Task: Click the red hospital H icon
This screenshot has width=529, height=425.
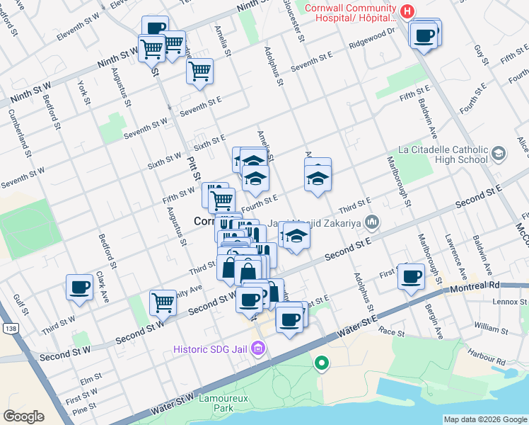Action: click(407, 11)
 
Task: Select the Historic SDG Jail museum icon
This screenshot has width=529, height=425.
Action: click(258, 348)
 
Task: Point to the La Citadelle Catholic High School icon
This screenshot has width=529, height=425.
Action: click(499, 154)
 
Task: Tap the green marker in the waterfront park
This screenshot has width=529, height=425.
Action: click(322, 364)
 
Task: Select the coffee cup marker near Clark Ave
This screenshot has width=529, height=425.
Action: click(80, 287)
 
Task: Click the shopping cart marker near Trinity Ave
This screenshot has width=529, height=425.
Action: click(163, 302)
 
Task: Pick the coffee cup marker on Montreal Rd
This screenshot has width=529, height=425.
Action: click(411, 276)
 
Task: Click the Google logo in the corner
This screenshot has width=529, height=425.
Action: click(23, 416)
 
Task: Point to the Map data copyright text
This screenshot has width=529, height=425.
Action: click(484, 419)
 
